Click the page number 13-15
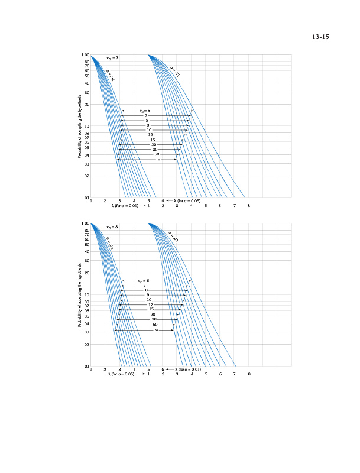pyautogui.click(x=320, y=37)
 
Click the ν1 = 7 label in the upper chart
pyautogui.click(x=112, y=58)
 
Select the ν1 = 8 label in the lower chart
pyautogui.click(x=112, y=227)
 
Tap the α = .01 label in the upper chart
pyautogui.click(x=175, y=71)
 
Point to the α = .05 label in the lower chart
pyautogui.click(x=110, y=242)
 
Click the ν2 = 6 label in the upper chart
pyautogui.click(x=144, y=111)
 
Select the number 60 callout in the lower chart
pyautogui.click(x=155, y=325)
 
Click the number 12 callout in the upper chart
pyautogui.click(x=151, y=135)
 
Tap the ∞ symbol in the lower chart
pyautogui.click(x=157, y=330)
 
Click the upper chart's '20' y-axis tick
pyautogui.click(x=86, y=105)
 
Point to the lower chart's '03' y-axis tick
pyautogui.click(x=86, y=333)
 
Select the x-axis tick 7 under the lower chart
pyautogui.click(x=235, y=375)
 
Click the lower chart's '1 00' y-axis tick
pyautogui.click(x=85, y=224)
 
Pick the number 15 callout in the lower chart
pyautogui.click(x=151, y=309)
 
